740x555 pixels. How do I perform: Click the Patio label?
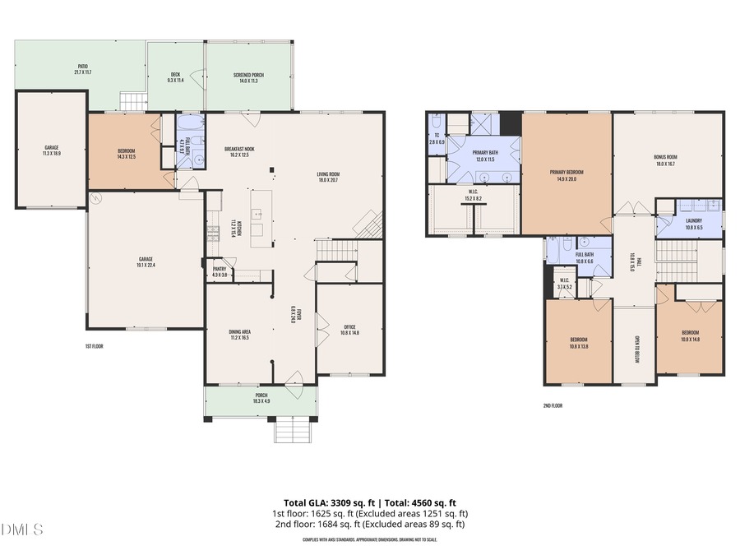(83, 69)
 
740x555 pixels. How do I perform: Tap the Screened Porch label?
(248, 78)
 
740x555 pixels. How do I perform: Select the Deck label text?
(174, 77)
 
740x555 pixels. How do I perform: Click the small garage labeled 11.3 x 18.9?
(52, 150)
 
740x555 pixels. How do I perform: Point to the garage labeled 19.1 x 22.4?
(146, 262)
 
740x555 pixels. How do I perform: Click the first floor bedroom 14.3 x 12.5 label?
(126, 154)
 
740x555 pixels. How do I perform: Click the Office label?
(350, 330)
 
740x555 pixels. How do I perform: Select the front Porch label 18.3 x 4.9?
(261, 397)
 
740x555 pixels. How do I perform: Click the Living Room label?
(329, 177)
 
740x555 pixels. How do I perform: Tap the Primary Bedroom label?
(567, 175)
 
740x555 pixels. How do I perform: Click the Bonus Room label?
(665, 160)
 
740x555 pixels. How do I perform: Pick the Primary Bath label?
(485, 155)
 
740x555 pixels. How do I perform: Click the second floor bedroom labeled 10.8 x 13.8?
(579, 344)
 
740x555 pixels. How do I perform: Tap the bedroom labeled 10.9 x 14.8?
(690, 335)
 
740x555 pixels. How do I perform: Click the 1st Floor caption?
(94, 346)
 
